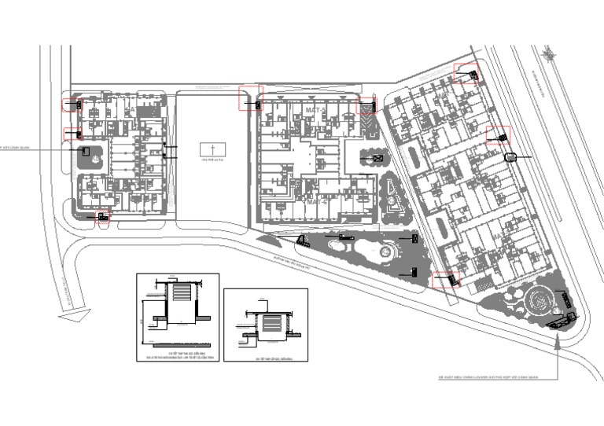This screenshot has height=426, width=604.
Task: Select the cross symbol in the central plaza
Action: (x=211, y=148)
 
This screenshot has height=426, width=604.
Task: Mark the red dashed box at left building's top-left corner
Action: (x=72, y=104)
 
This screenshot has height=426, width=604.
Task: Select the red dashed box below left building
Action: (x=102, y=219)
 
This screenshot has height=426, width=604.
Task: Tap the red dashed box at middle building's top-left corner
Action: (x=250, y=99)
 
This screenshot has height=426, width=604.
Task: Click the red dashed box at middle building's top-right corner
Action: (x=367, y=105)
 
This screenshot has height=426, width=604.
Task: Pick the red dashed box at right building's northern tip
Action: (x=467, y=73)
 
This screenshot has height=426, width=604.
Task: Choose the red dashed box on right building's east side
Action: (x=498, y=135)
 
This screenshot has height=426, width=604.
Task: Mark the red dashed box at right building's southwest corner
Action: (x=445, y=280)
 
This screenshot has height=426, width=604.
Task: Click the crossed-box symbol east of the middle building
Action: (x=377, y=159)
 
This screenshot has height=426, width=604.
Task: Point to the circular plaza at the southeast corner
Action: (x=540, y=299)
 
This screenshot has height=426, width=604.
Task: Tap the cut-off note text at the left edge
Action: (x=14, y=146)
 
